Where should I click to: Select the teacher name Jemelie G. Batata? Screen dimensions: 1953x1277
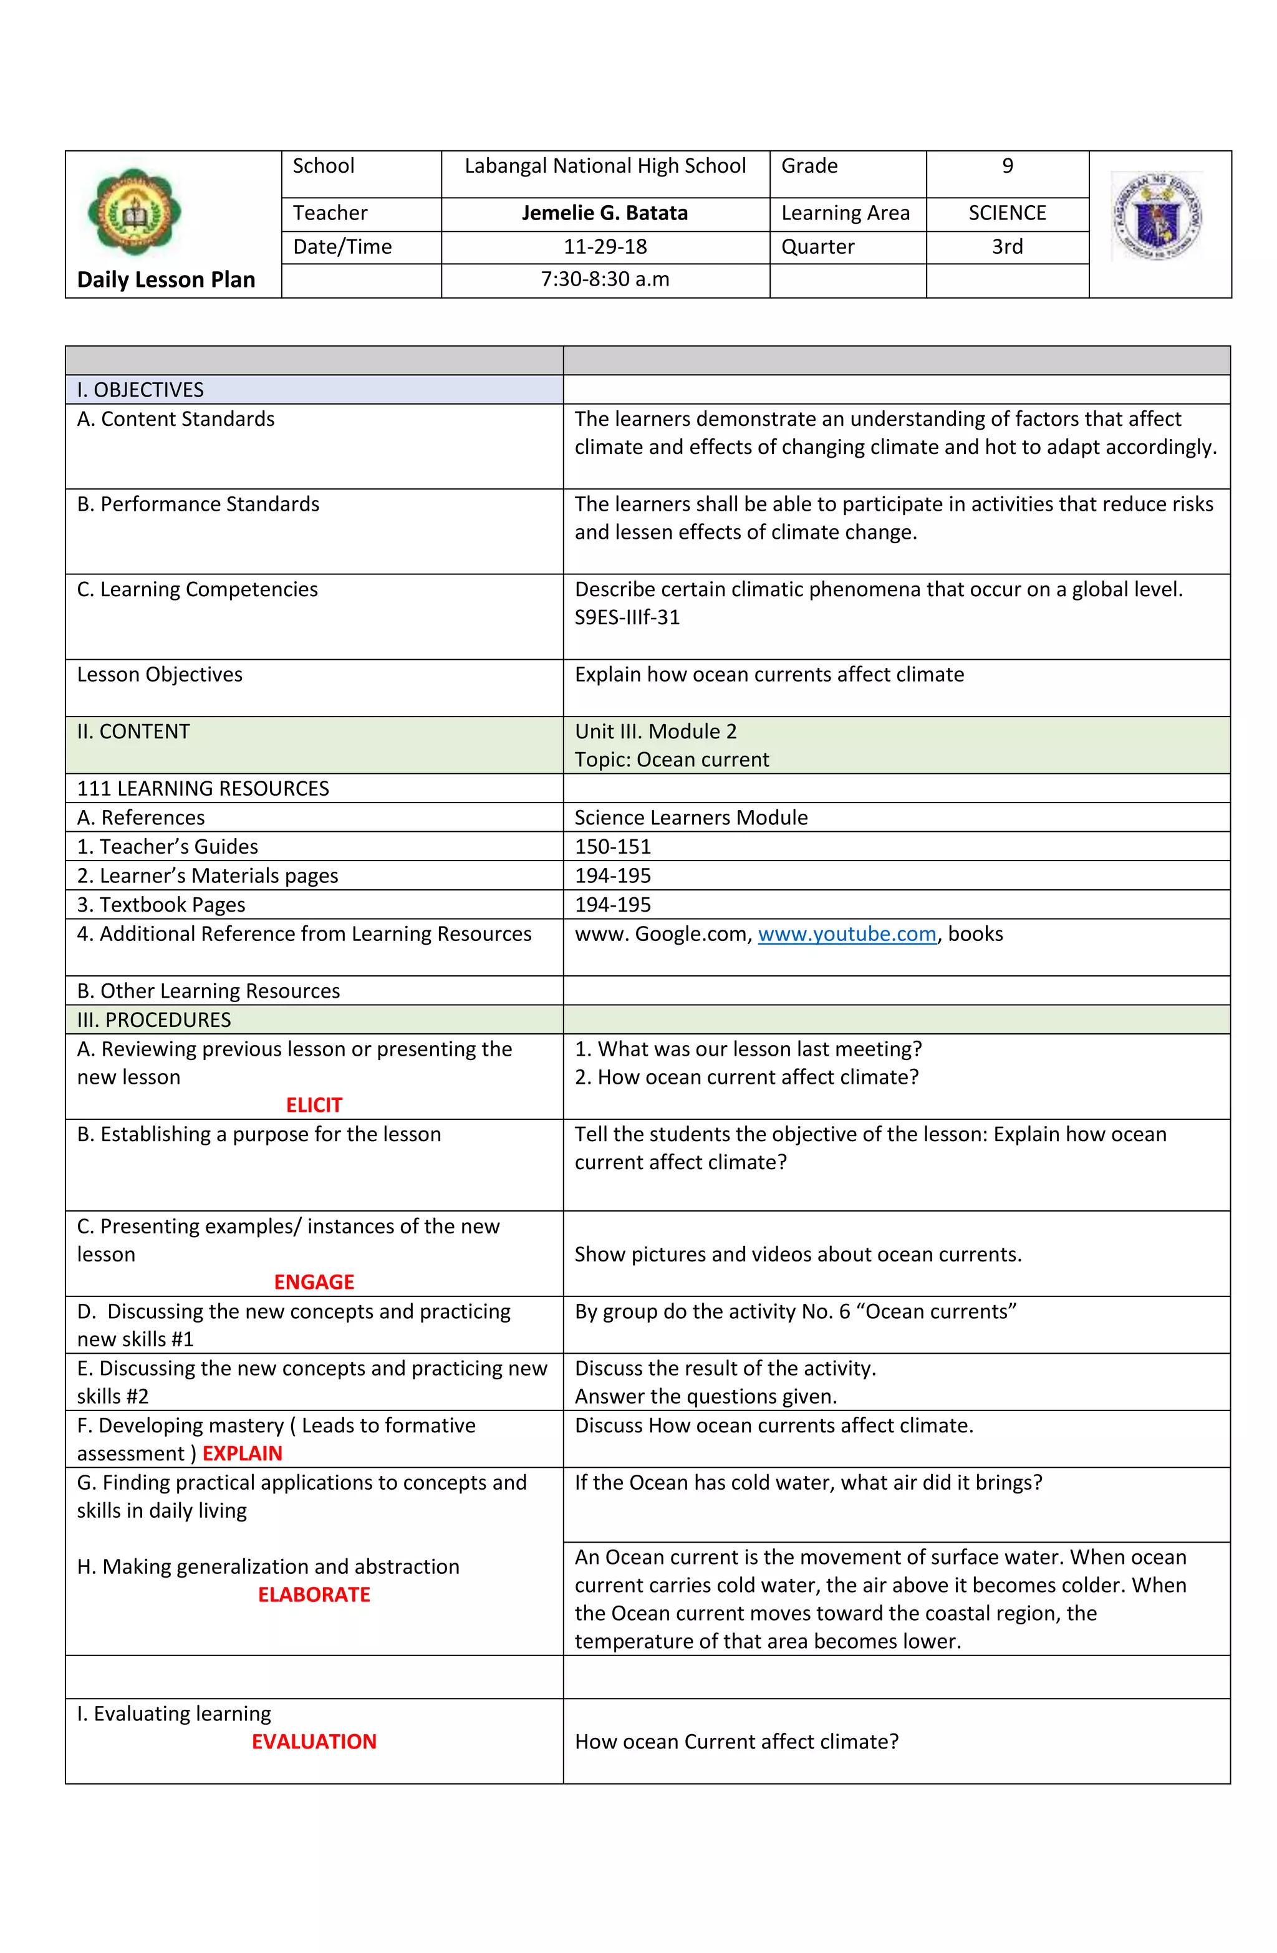click(604, 213)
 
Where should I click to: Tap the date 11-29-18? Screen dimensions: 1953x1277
click(604, 247)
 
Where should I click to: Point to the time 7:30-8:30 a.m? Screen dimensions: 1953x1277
click(604, 279)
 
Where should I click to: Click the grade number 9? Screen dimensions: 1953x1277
click(1006, 166)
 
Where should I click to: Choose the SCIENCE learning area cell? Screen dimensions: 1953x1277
click(1006, 213)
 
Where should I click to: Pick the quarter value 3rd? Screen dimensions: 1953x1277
click(1006, 247)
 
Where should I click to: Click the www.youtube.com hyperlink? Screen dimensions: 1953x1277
click(846, 934)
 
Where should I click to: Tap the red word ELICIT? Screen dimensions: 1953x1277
click(314, 1106)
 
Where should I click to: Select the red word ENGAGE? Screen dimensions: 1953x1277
click(314, 1282)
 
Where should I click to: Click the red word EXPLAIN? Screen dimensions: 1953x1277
click(242, 1454)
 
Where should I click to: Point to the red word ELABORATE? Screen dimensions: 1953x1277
click(314, 1594)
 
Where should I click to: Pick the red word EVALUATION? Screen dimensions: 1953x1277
click(314, 1741)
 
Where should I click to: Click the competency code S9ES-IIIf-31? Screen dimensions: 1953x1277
click(627, 617)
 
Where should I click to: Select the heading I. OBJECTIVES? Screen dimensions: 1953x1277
click(140, 390)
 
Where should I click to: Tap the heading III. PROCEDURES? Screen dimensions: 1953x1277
click(153, 1020)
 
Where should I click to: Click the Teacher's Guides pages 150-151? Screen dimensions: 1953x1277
click(612, 847)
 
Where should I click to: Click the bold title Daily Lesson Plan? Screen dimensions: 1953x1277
click(166, 280)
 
